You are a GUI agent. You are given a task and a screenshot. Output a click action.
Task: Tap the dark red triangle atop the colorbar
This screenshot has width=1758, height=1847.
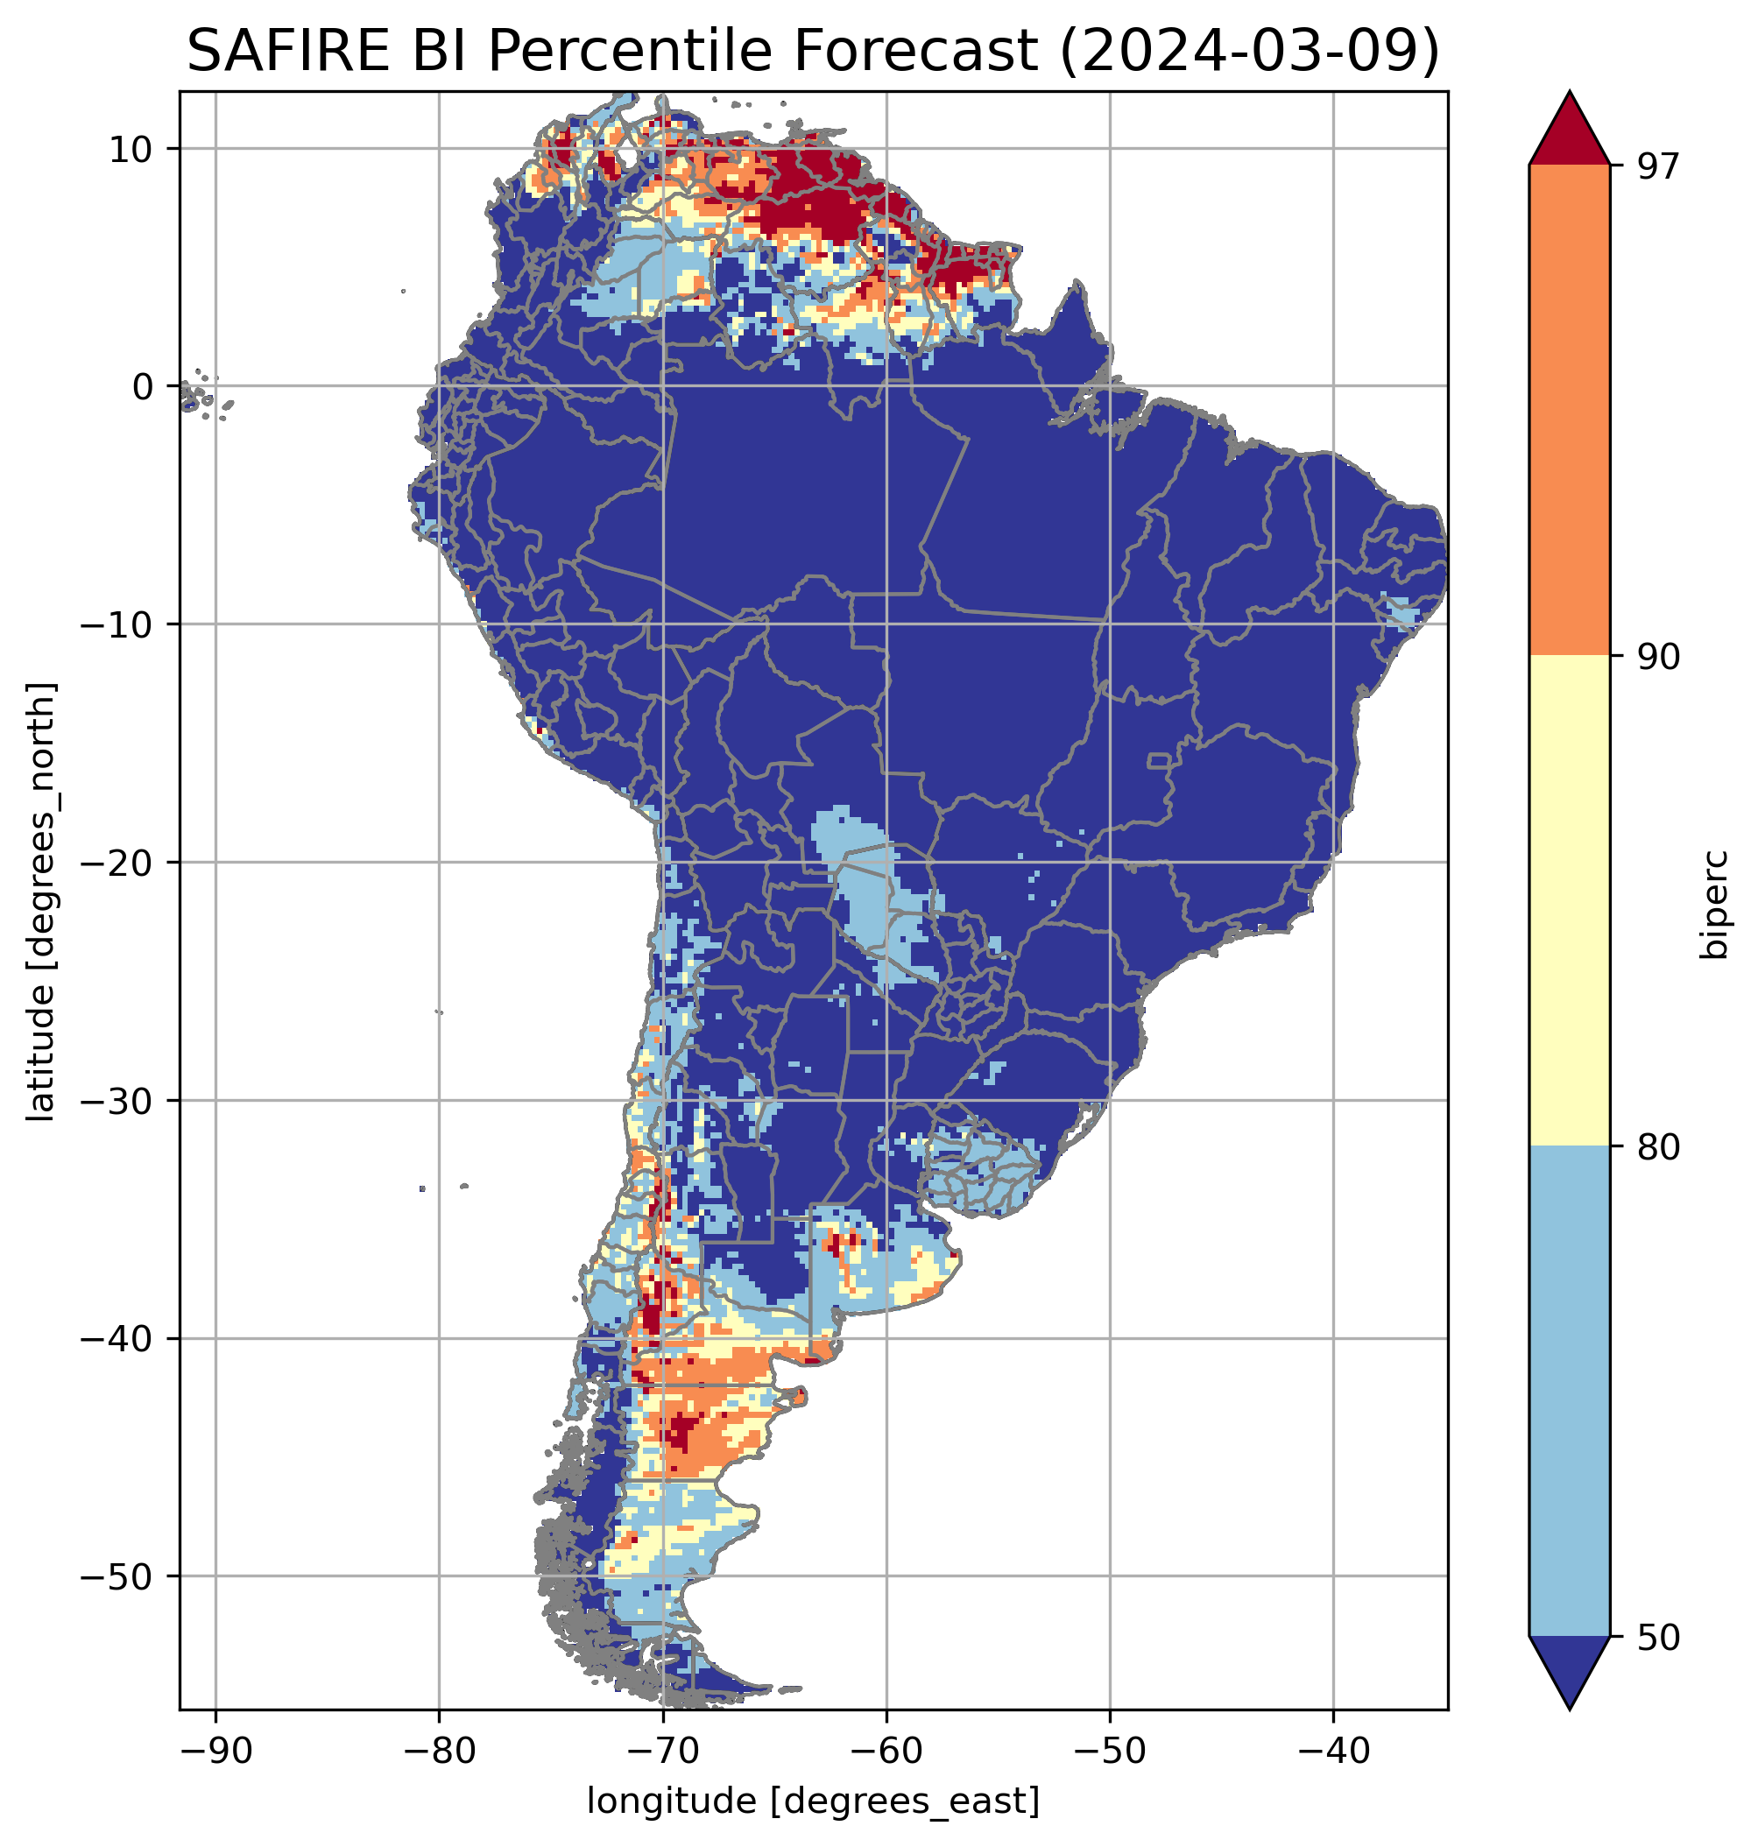click(1569, 131)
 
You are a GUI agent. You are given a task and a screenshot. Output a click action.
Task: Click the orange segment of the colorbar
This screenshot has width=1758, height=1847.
click(1569, 411)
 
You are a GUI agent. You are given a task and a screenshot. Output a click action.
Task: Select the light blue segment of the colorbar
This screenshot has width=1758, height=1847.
click(1569, 1392)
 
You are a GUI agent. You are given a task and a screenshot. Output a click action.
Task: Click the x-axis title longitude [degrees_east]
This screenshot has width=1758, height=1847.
click(814, 1800)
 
